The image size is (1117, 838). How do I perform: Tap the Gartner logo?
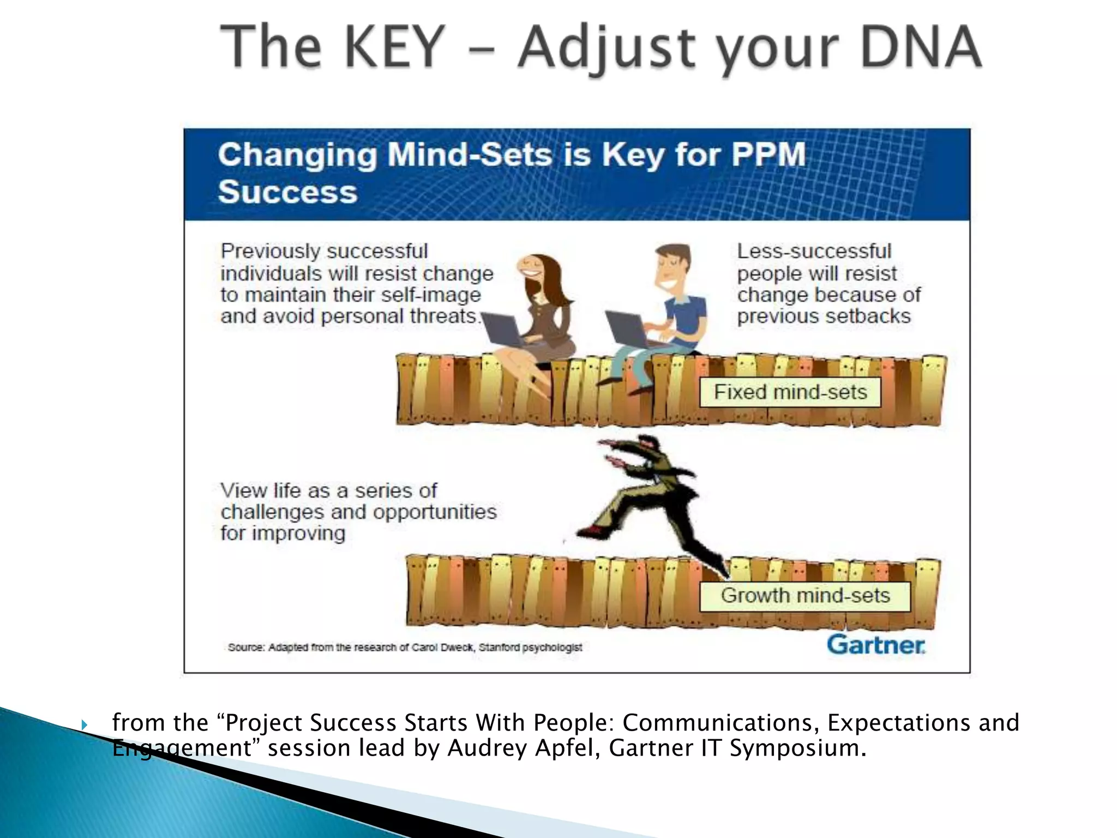coord(876,645)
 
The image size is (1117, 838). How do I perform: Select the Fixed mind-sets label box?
coord(790,392)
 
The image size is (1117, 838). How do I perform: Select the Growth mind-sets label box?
coord(805,596)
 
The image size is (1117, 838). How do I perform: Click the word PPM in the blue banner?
coord(768,154)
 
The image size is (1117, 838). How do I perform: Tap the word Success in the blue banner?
coord(287,192)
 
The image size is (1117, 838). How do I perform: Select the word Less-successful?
coord(814,252)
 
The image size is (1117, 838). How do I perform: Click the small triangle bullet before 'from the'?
coord(84,725)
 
